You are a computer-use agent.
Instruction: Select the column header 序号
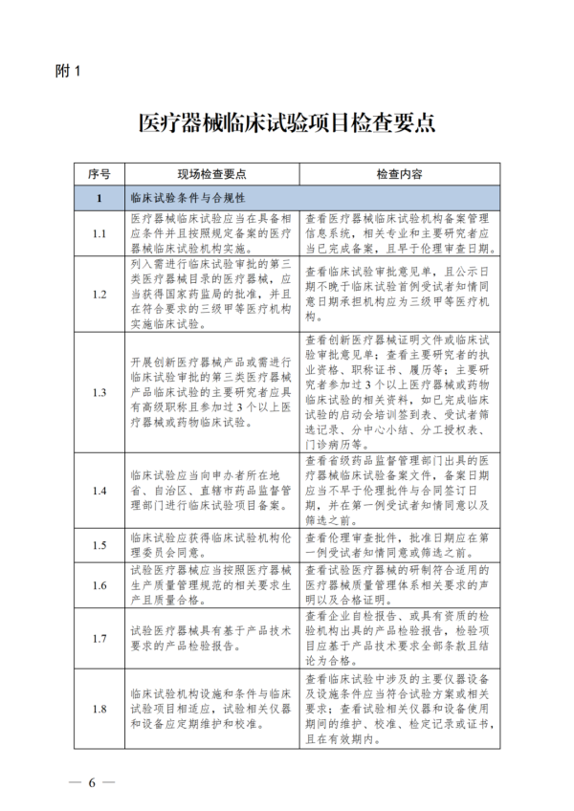coord(99,175)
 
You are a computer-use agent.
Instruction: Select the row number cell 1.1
coord(99,233)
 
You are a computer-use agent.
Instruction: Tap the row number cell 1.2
coord(99,294)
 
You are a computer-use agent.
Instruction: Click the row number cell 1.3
coord(99,392)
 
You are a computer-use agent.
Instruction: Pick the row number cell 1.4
coord(99,490)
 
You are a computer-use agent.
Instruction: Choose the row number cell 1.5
coord(99,545)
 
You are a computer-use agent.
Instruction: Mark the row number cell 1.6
coord(99,585)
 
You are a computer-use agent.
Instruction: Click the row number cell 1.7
coord(99,637)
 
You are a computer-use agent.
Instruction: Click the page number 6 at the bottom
coord(94,782)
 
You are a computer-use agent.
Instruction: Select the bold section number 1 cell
coord(99,199)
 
